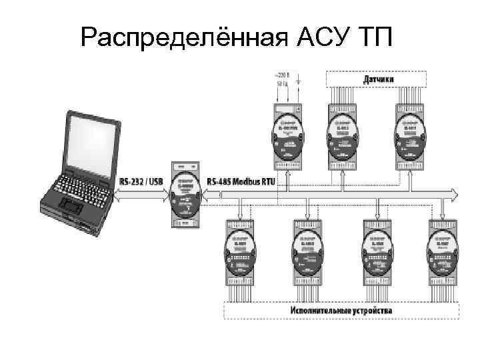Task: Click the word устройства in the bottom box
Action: point(372,311)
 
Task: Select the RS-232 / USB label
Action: point(141,180)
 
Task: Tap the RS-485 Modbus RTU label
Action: point(241,181)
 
